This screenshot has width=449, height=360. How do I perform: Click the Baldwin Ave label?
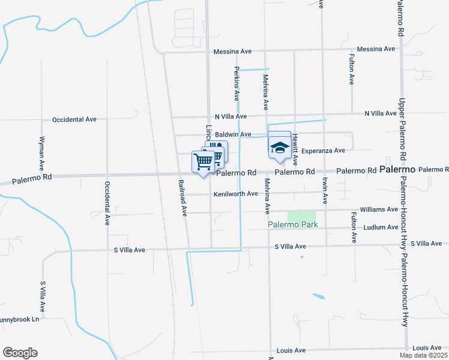[x=232, y=134]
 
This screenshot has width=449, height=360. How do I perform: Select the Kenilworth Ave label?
[x=236, y=194]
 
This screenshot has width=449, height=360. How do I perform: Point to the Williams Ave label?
[x=379, y=209]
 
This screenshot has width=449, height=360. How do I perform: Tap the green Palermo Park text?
[x=292, y=224]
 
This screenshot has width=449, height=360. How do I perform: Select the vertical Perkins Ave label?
[x=237, y=83]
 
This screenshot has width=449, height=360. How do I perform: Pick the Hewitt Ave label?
[x=295, y=150]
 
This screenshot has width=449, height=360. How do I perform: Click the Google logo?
[x=20, y=353]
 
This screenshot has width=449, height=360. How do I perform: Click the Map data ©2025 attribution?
[x=423, y=355]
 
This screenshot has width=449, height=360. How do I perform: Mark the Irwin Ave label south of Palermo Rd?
[x=324, y=191]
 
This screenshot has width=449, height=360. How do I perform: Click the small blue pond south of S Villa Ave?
[x=319, y=296]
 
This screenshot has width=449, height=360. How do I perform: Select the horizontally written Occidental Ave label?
[x=74, y=119]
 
